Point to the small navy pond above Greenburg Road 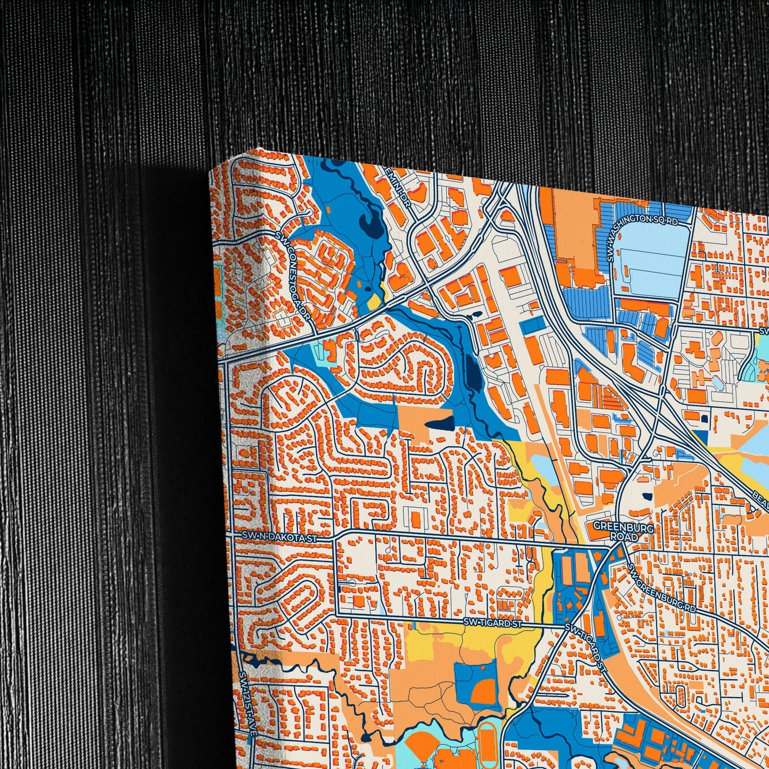pos(646,497)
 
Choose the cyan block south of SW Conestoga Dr pos(330,352)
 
